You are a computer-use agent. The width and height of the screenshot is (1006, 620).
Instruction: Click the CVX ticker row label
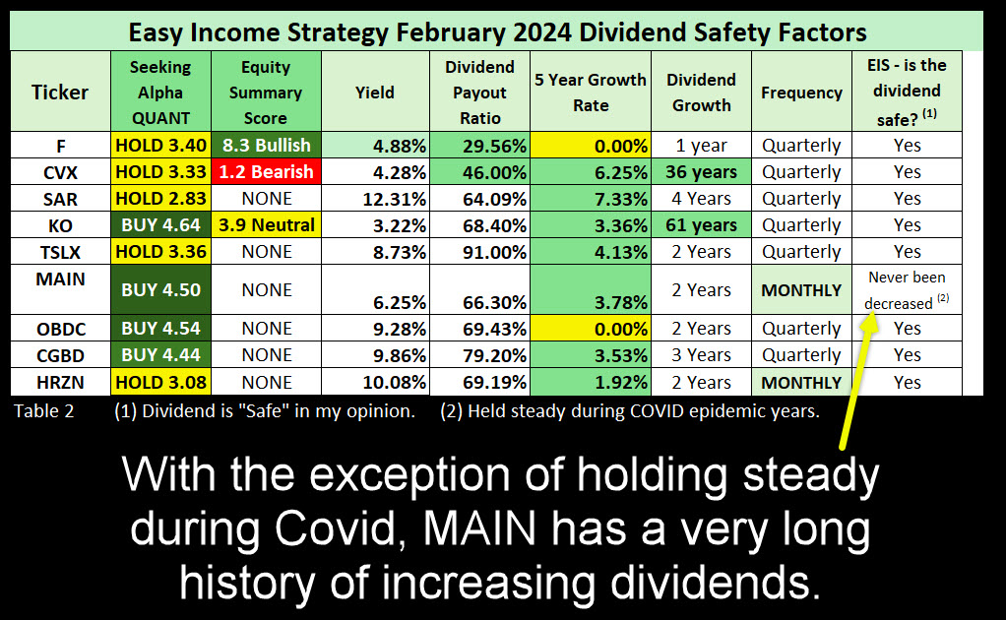coord(60,172)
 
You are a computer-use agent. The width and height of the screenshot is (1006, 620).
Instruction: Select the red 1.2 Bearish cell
coord(266,172)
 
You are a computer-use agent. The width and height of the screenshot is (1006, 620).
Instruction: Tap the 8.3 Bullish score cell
coord(266,146)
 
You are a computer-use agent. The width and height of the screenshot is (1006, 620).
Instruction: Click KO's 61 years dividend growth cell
coord(701,225)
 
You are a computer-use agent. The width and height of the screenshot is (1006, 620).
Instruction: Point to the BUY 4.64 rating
coord(160,225)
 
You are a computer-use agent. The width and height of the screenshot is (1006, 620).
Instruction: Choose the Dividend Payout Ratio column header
coord(479,93)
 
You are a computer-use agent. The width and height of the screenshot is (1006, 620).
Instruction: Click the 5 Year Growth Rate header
coord(591,93)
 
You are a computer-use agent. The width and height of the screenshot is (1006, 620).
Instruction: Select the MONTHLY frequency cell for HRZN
coord(800,382)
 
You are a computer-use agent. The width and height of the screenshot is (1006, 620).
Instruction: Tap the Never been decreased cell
coord(907,290)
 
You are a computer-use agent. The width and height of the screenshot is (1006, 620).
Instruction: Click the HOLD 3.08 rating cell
coord(160,382)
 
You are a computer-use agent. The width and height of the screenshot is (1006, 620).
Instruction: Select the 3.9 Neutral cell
coord(266,225)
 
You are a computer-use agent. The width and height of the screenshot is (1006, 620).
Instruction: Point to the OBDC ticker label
coord(60,329)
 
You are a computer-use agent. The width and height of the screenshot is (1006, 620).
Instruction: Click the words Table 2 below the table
coord(44,411)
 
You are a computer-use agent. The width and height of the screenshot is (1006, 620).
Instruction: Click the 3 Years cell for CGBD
coord(701,355)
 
